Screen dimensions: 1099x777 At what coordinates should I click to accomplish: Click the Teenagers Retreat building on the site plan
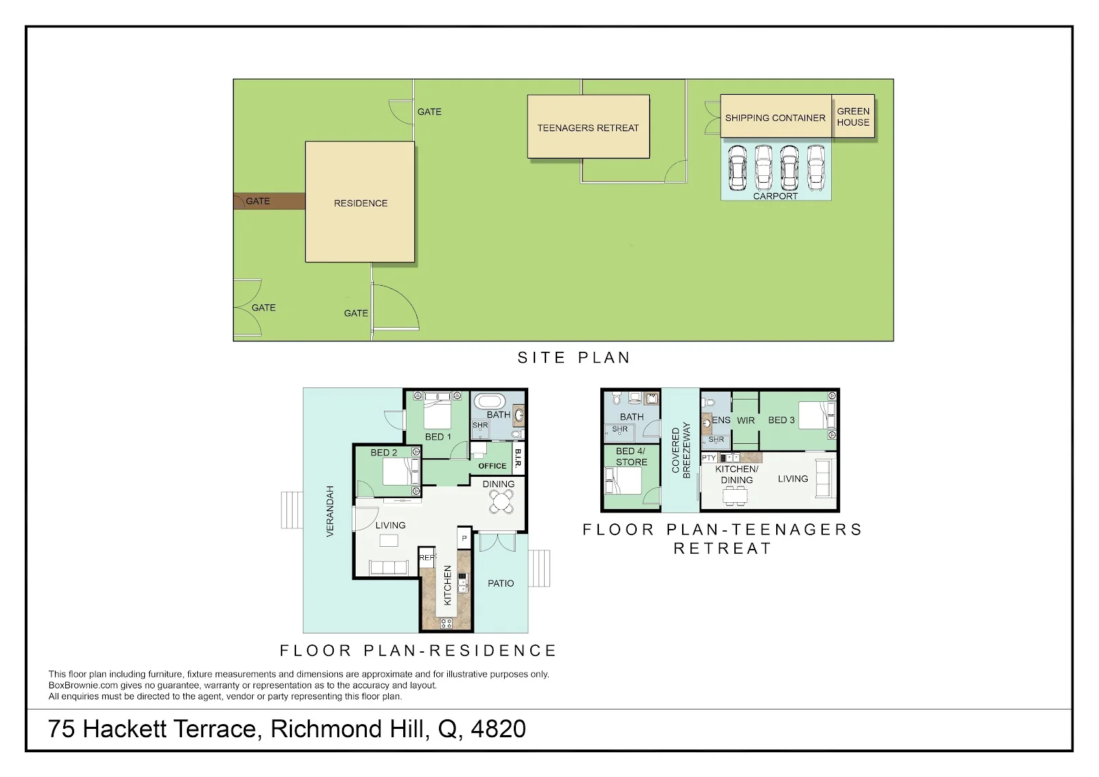[x=588, y=126]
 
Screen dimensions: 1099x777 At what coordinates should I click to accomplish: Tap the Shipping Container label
[x=775, y=117]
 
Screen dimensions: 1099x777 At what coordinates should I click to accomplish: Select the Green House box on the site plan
[x=853, y=116]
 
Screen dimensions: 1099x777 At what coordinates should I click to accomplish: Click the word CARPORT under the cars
[x=775, y=196]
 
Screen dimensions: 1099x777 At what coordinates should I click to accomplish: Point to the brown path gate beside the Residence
[x=269, y=201]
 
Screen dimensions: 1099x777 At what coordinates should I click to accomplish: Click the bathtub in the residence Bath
[x=489, y=401]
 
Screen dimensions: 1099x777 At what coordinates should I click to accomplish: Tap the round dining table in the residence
[x=501, y=501]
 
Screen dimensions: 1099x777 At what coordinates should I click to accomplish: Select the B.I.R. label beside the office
[x=518, y=458]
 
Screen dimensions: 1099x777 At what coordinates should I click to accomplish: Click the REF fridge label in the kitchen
[x=427, y=557]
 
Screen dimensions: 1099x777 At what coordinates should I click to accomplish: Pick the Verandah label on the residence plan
[x=330, y=511]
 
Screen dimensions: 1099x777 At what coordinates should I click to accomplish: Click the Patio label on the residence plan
[x=501, y=583]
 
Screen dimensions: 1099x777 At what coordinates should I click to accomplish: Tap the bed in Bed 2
[x=401, y=471]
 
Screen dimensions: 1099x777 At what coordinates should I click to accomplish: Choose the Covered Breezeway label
[x=681, y=450]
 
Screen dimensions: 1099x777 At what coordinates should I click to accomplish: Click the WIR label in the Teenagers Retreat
[x=746, y=420]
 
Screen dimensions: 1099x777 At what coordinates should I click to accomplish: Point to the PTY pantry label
[x=709, y=458]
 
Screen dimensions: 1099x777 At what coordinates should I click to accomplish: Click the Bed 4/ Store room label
[x=631, y=456]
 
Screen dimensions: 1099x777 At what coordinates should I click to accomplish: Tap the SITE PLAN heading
[x=574, y=357]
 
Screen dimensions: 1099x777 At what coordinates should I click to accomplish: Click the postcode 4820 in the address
[x=499, y=729]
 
